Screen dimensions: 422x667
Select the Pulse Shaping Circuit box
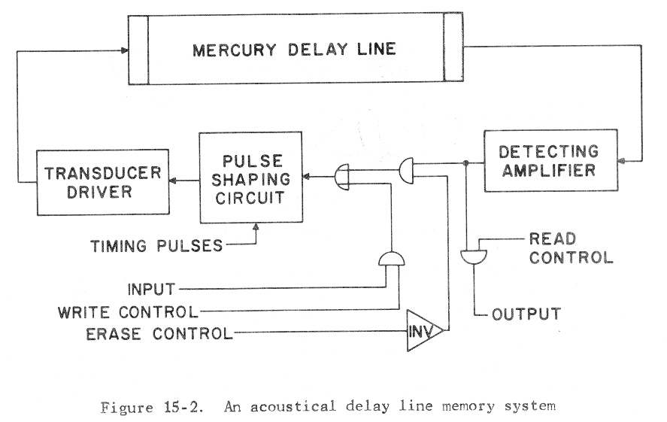(x=250, y=177)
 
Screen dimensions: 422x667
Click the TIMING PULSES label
(x=156, y=245)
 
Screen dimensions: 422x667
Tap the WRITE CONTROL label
(x=127, y=309)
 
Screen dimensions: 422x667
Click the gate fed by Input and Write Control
(x=391, y=260)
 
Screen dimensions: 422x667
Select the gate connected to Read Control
(x=474, y=257)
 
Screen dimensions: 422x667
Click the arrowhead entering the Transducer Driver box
(x=172, y=181)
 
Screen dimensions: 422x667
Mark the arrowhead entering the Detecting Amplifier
(x=621, y=161)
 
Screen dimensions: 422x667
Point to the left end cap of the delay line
(x=138, y=50)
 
